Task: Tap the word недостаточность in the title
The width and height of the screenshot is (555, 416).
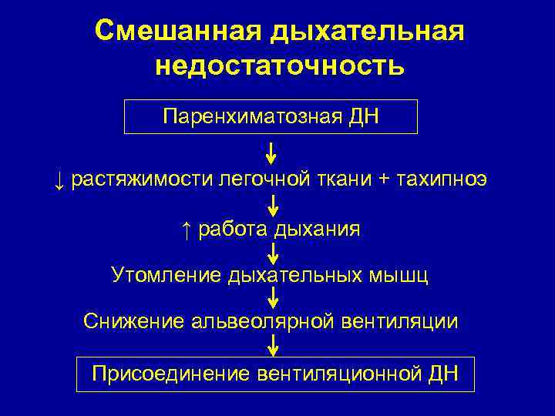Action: click(279, 65)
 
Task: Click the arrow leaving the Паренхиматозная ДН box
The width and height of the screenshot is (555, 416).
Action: click(271, 153)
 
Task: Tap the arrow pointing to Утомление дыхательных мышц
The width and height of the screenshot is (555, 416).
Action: click(272, 253)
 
